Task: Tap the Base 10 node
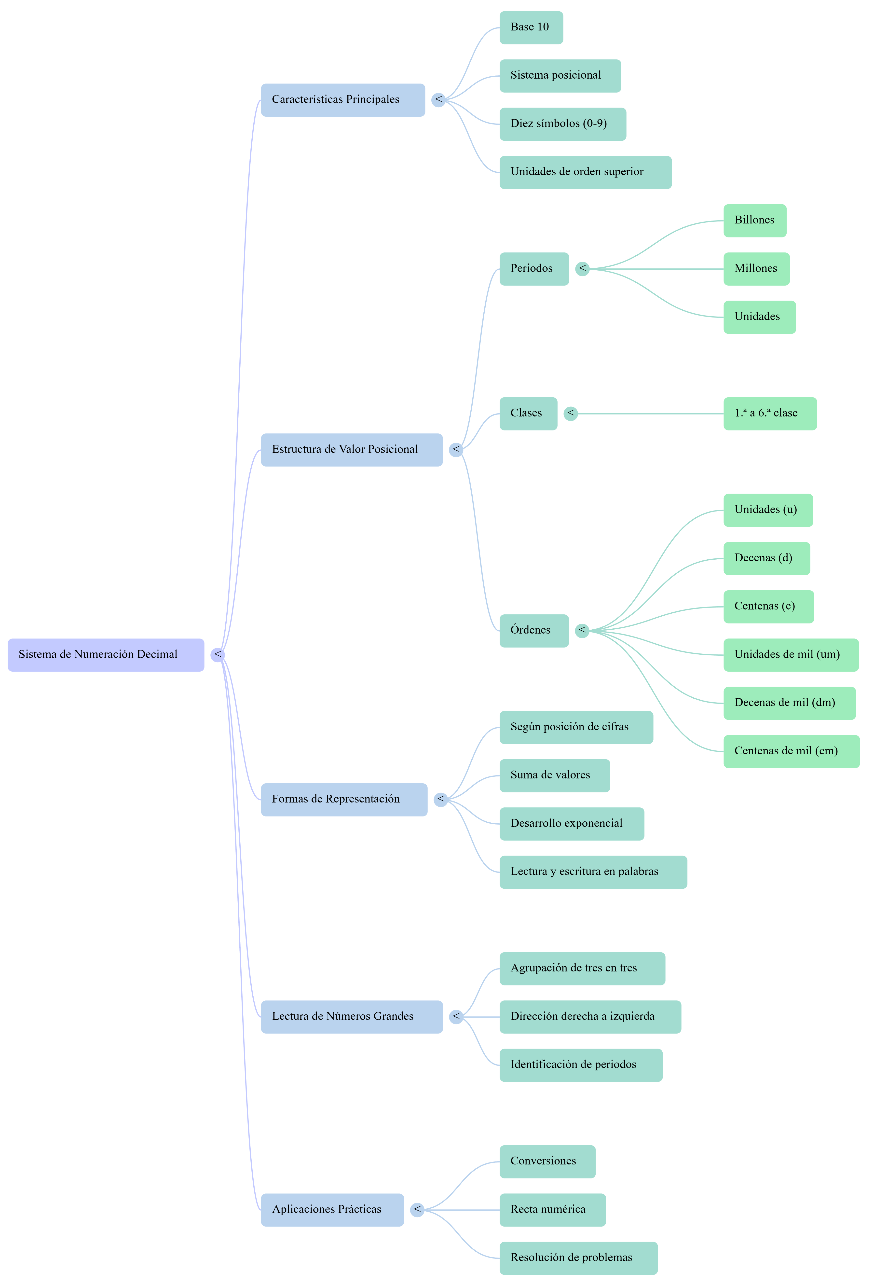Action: point(531,27)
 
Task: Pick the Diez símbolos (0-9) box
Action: point(562,124)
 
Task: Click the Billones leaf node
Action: point(754,220)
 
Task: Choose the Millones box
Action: point(756,269)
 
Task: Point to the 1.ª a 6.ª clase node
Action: point(769,414)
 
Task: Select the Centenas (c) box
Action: point(768,607)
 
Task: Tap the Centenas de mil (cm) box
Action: point(791,751)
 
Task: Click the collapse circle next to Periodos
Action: point(582,269)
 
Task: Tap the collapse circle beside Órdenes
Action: point(582,631)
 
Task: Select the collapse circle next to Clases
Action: point(570,414)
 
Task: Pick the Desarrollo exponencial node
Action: point(571,824)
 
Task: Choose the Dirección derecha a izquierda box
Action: point(590,1017)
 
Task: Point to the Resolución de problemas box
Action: point(578,1258)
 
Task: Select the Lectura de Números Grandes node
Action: point(352,1017)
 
